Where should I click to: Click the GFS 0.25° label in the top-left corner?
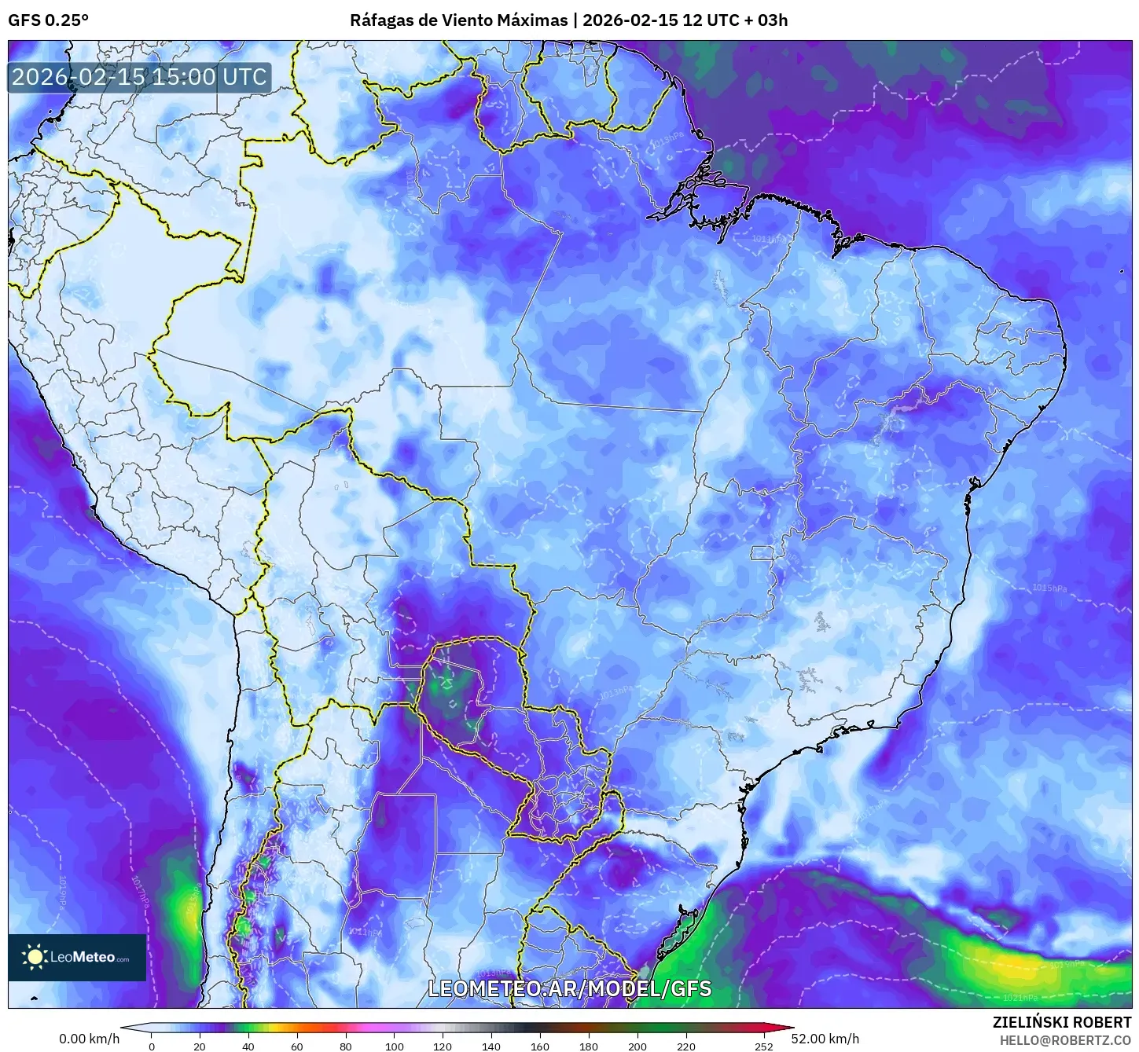[x=48, y=20]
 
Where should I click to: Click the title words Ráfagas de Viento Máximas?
[x=458, y=20]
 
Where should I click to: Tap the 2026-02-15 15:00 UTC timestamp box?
[x=139, y=77]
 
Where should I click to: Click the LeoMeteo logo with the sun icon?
[x=77, y=957]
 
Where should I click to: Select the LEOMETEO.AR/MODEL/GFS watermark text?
[x=569, y=988]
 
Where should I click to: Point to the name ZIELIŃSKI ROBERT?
[x=1061, y=1022]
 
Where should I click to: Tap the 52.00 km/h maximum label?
[x=825, y=1039]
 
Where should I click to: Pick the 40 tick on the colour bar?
[x=248, y=1046]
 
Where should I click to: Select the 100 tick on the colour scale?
[x=395, y=1046]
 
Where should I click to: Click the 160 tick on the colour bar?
[x=540, y=1046]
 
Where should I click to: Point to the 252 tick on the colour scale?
[x=763, y=1046]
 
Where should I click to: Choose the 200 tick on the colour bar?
[x=637, y=1046]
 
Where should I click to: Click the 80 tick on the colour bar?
[x=346, y=1046]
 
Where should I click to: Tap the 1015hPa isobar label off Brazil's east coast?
[x=1049, y=588]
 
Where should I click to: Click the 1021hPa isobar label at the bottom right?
[x=1020, y=998]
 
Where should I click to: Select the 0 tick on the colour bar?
[x=152, y=1046]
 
